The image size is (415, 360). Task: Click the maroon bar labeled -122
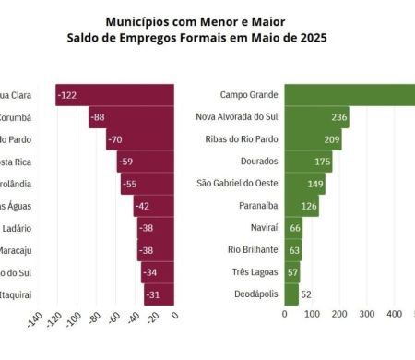tap(114, 95)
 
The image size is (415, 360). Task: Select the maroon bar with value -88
tap(131, 117)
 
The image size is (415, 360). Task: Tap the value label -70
tap(115, 139)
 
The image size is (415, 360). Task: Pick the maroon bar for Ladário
tap(154, 228)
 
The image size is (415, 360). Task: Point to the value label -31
tap(153, 294)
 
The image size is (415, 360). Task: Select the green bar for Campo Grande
tap(349, 95)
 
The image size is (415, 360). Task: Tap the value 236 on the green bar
tap(338, 117)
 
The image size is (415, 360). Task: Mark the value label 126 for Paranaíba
tap(309, 206)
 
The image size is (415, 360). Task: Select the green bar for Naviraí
tap(293, 228)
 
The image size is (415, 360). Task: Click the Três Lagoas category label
tap(248, 272)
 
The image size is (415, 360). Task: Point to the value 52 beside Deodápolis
tap(306, 294)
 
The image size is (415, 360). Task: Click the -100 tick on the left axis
tap(75, 321)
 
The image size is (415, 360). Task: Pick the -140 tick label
tap(35, 321)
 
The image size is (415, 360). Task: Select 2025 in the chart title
tap(310, 38)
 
